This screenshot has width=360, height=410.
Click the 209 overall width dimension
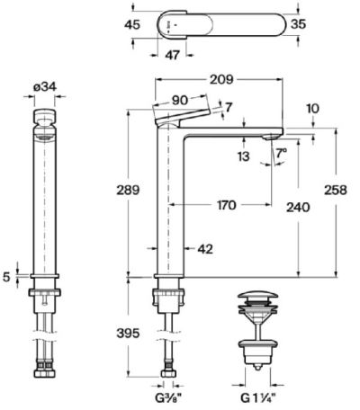[x=221, y=79]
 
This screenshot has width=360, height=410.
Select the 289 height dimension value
[x=128, y=190]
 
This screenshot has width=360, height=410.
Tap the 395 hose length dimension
[x=128, y=333]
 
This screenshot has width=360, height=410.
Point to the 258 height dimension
[x=336, y=190]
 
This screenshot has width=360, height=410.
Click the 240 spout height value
[x=298, y=207]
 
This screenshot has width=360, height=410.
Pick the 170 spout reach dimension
[x=226, y=205]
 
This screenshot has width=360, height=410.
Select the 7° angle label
[x=281, y=154]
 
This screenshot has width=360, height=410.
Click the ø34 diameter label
[x=44, y=87]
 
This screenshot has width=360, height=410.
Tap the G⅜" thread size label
[x=168, y=398]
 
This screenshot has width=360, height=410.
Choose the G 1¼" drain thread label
[x=258, y=398]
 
